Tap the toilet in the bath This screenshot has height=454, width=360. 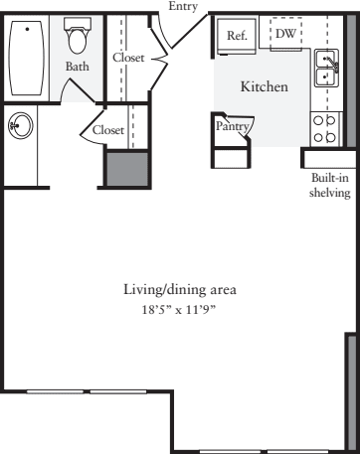[78, 38]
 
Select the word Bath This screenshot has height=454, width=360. [78, 67]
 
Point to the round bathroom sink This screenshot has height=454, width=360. [20, 125]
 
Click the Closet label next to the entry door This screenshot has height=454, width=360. [128, 58]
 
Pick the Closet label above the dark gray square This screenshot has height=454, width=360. [108, 130]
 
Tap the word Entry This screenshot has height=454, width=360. [183, 6]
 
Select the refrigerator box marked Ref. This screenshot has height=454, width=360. [237, 36]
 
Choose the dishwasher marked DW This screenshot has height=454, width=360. [285, 34]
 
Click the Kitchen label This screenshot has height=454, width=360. [265, 87]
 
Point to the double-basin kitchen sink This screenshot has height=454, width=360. [326, 67]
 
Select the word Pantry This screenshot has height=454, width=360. [233, 126]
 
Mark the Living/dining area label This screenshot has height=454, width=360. [180, 290]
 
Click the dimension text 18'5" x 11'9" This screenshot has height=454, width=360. [180, 310]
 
